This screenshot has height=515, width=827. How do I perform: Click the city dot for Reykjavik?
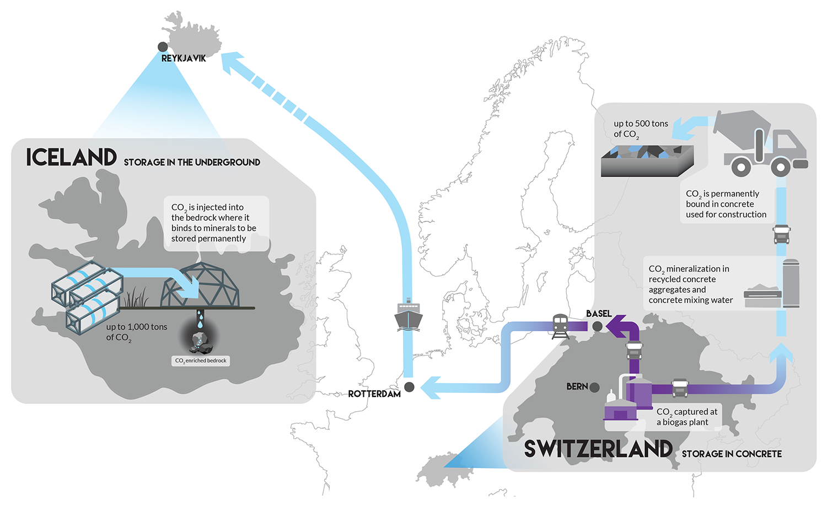point(163,47)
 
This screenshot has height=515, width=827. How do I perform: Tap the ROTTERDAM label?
point(374,394)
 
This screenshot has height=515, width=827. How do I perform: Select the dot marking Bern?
point(594,387)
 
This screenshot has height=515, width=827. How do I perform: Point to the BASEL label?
point(599,314)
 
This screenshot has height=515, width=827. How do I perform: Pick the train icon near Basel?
point(560,326)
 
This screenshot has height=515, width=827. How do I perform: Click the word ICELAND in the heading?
point(72,157)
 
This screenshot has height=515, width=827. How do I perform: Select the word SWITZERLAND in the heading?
point(598,449)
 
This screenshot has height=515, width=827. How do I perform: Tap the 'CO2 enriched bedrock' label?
point(201,360)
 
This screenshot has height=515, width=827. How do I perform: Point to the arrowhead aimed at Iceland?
point(232,62)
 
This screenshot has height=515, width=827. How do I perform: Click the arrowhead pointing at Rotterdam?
point(431,387)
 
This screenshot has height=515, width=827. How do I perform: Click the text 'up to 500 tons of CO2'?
point(641,129)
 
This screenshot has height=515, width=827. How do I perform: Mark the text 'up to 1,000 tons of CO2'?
point(137,332)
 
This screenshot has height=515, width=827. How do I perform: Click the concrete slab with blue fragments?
point(647,161)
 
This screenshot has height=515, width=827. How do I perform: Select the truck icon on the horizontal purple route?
point(680,388)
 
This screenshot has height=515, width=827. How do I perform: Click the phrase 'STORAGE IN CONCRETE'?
point(732,454)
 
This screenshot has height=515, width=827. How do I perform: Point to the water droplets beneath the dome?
point(200,319)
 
